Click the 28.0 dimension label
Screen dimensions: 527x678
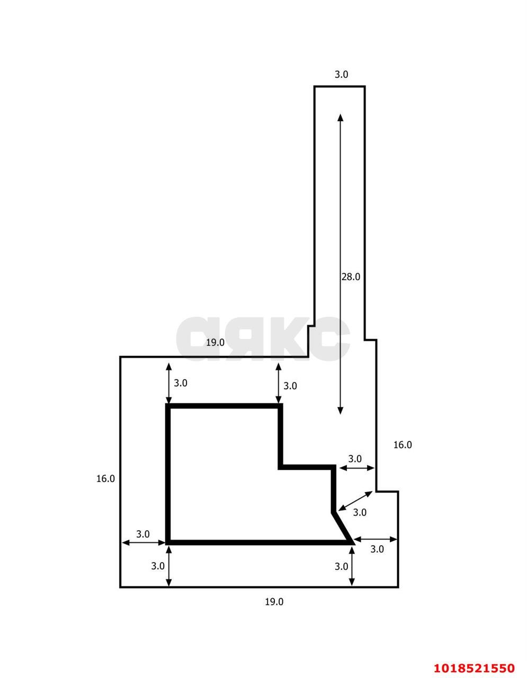[x=351, y=276]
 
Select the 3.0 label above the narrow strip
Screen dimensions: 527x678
[x=341, y=75]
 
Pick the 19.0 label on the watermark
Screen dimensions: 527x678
[x=215, y=343]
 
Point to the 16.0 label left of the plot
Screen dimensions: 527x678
[x=105, y=479]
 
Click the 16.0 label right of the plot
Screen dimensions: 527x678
[x=402, y=445]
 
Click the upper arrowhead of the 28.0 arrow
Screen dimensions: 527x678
[x=340, y=117]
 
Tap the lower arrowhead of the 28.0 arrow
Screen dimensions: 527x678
[x=340, y=411]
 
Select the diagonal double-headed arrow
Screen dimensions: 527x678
[x=355, y=501]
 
